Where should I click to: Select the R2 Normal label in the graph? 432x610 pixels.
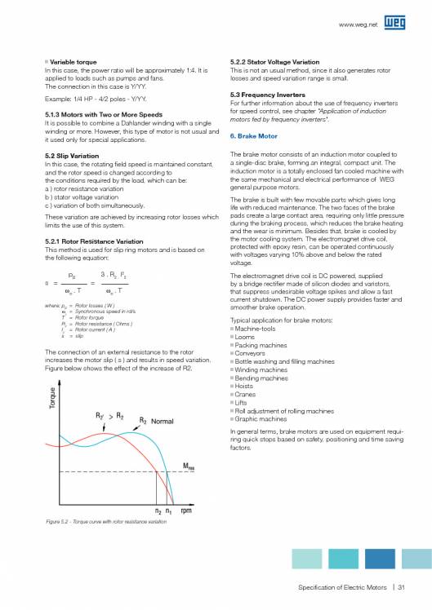click(155, 421)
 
